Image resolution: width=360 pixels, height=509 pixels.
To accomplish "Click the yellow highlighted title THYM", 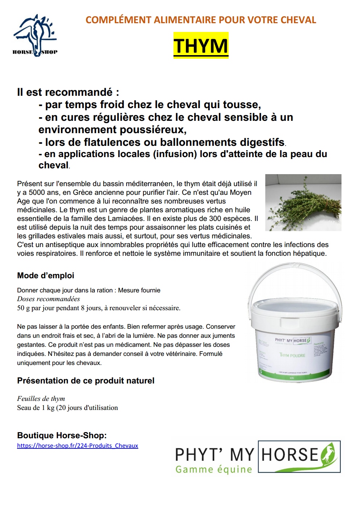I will click(201, 45).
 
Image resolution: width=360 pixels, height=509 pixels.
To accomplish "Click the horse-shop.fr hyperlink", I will click(77, 446).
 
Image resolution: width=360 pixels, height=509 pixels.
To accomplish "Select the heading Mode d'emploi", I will click(45, 276).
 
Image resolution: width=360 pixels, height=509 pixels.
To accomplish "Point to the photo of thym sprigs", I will click(303, 202).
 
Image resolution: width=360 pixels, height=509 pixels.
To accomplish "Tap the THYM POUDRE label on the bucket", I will click(292, 355).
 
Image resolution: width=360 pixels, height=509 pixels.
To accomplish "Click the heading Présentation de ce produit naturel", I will click(86, 381).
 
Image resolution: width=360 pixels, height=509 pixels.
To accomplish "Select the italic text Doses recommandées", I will click(48, 299).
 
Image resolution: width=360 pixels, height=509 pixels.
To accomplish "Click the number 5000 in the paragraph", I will click(37, 192).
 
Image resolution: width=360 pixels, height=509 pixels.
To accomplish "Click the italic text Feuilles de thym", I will click(41, 398).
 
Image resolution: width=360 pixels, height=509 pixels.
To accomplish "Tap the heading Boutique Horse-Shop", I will click(62, 435).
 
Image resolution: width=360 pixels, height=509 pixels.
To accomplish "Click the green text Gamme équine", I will click(213, 469).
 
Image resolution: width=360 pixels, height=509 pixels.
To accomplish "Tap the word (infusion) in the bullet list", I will click(175, 154).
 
